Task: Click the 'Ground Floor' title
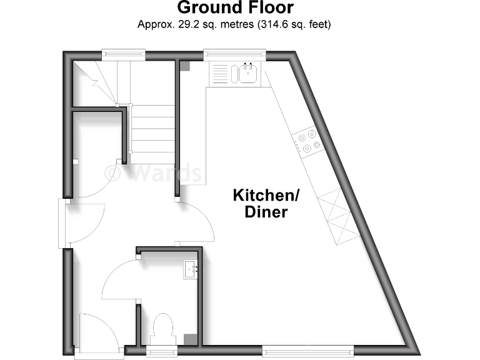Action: click(235, 8)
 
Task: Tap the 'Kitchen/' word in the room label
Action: click(267, 195)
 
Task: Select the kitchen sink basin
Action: click(248, 74)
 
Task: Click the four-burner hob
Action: click(308, 141)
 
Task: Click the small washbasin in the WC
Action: click(190, 270)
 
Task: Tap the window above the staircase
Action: click(124, 54)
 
